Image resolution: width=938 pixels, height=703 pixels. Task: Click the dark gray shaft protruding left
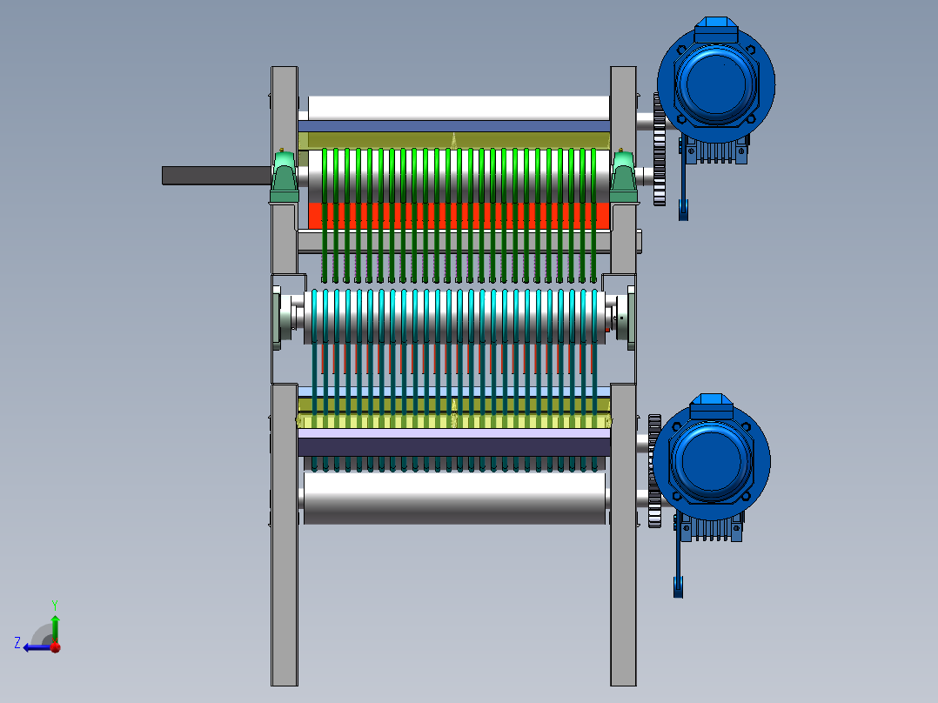[217, 175]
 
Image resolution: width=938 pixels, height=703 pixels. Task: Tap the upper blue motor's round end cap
[715, 84]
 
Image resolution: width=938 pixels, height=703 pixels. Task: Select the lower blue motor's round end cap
[711, 460]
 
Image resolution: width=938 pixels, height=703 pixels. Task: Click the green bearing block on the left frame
[285, 177]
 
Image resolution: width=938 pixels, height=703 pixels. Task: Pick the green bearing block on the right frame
[623, 177]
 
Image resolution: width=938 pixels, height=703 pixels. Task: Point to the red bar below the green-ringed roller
[459, 216]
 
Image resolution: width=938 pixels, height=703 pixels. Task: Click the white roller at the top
[459, 108]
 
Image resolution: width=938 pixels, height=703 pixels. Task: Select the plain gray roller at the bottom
[454, 498]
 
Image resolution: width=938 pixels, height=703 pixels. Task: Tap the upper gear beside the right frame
[660, 150]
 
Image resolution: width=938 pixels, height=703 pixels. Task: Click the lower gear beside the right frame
[654, 471]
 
